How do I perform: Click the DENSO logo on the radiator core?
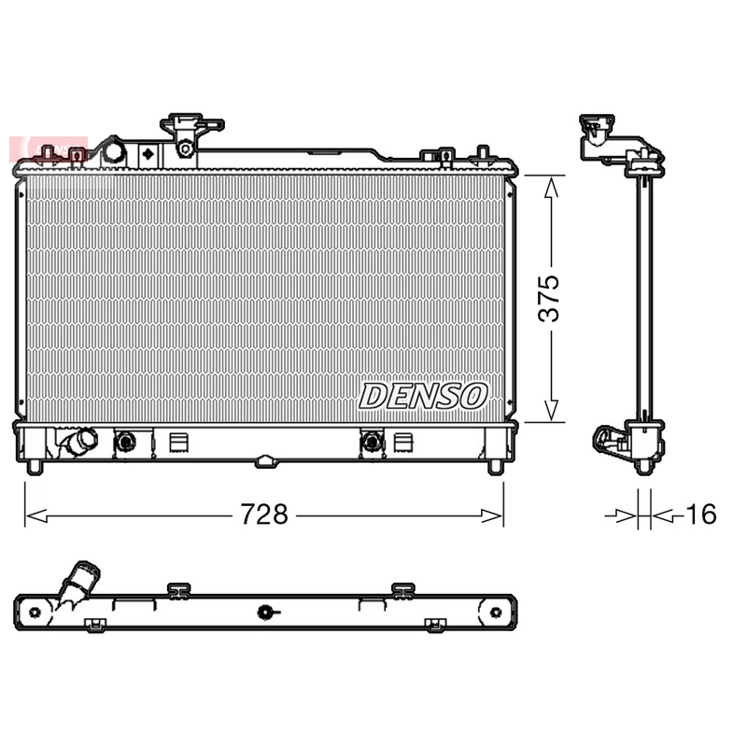pyautogui.click(x=423, y=396)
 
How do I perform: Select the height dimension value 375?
pyautogui.click(x=552, y=298)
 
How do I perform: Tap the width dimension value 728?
pyautogui.click(x=263, y=514)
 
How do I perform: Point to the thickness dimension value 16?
pyautogui.click(x=700, y=514)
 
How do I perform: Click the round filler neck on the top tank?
pyautogui.click(x=113, y=151)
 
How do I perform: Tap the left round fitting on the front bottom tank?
pyautogui.click(x=124, y=441)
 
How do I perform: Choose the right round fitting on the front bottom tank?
pyautogui.click(x=372, y=441)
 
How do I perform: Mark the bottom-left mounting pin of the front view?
pyautogui.click(x=34, y=466)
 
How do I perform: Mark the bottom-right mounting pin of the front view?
pyautogui.click(x=496, y=466)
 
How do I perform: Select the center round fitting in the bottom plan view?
pyautogui.click(x=266, y=613)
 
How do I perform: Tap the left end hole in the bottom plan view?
pyautogui.click(x=35, y=613)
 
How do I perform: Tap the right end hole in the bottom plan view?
pyautogui.click(x=496, y=613)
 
